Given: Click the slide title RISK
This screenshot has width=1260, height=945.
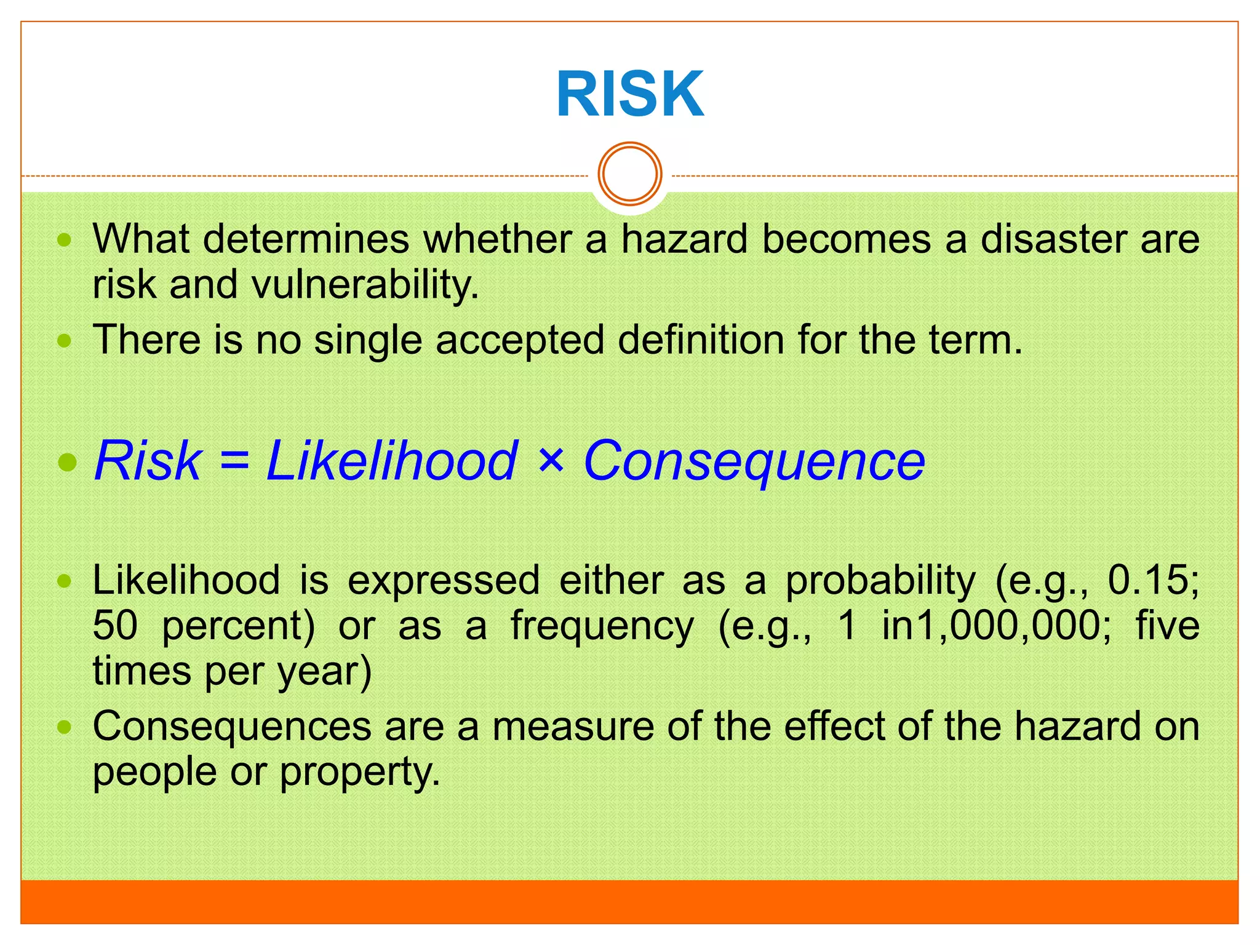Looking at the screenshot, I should click(629, 94).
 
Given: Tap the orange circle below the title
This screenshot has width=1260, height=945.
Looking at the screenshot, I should click(630, 173).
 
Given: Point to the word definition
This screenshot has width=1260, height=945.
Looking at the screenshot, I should click(701, 340).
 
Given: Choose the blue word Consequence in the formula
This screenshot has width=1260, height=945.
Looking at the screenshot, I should click(754, 461).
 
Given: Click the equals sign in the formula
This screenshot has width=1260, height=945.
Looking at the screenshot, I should click(234, 461).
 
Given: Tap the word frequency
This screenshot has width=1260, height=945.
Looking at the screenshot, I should click(602, 627).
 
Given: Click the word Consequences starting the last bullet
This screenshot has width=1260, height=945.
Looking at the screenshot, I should click(232, 727).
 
